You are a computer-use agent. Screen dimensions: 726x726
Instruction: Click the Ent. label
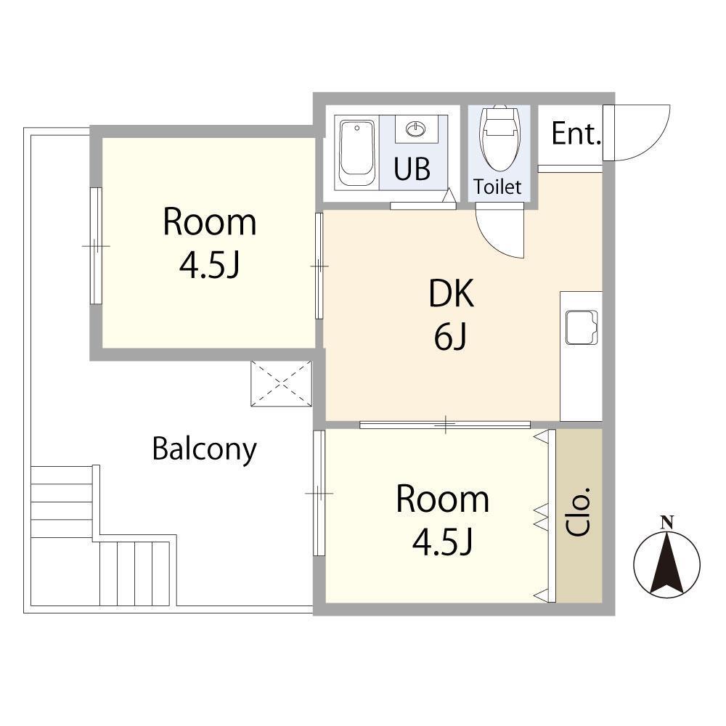click(x=576, y=134)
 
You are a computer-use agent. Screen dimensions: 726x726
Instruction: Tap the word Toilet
click(x=497, y=187)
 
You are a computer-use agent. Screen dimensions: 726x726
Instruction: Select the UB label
click(x=412, y=168)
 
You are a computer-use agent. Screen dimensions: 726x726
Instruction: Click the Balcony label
click(x=204, y=449)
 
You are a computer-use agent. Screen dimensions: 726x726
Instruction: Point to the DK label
click(x=452, y=293)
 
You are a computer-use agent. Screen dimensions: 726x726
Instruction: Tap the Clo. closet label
click(x=579, y=512)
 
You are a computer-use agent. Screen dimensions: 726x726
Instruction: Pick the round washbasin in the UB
click(x=416, y=129)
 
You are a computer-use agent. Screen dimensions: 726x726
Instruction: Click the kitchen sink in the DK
click(x=582, y=327)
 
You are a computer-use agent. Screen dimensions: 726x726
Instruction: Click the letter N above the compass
click(x=666, y=523)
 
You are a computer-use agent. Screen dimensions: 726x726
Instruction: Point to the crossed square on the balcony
click(x=281, y=383)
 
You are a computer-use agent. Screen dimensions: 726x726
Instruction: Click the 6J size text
click(x=450, y=337)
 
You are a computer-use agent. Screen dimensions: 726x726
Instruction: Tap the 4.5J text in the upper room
click(x=209, y=265)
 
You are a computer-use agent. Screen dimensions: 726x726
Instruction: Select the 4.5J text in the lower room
click(x=442, y=542)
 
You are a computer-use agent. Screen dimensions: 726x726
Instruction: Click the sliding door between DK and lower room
click(x=445, y=425)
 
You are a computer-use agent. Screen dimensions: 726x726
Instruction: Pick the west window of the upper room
click(x=96, y=245)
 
